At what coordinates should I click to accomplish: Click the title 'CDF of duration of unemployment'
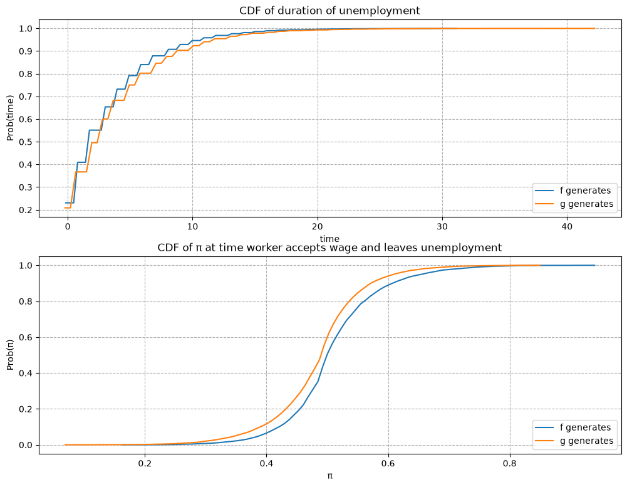329,11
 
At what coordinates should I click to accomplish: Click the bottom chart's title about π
329,248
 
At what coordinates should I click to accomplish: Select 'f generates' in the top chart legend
585,191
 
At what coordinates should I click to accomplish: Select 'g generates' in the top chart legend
586,204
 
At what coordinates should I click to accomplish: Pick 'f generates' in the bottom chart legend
585,427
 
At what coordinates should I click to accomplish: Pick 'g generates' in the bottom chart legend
586,441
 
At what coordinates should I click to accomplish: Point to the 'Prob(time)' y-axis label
10,118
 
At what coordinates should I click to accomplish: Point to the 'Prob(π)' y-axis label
10,355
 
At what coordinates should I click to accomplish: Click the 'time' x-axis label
329,239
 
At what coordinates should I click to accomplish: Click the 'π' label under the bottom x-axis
330,476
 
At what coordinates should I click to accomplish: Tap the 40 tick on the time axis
567,226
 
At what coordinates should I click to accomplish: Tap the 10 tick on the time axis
192,226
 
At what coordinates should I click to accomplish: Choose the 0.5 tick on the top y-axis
25,142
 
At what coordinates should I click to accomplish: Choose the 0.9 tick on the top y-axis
25,51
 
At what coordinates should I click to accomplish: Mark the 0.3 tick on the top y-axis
25,187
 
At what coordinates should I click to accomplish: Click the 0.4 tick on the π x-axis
266,463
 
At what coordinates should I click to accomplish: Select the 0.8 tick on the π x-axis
510,463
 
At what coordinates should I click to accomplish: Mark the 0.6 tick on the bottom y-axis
25,338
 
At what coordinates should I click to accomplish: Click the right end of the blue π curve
594,265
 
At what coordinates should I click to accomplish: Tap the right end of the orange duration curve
594,28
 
